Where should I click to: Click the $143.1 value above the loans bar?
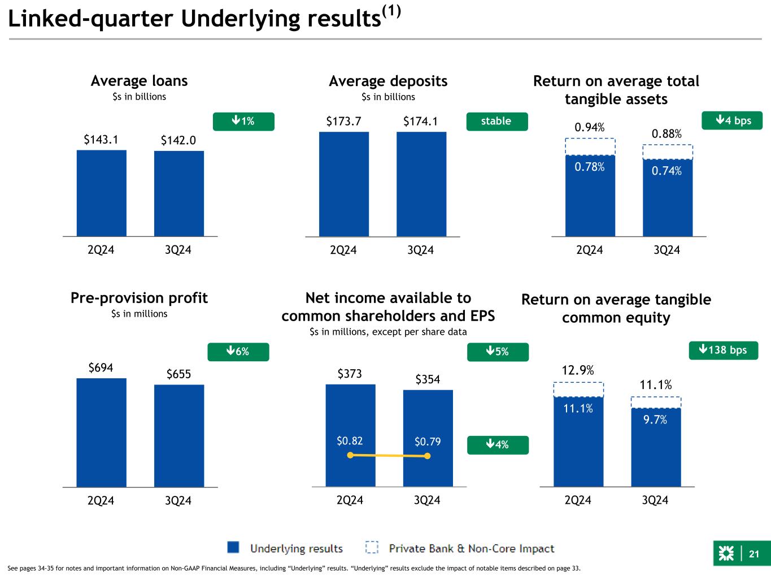click(101, 139)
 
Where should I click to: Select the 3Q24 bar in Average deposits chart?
click(421, 184)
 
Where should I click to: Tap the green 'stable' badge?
click(496, 121)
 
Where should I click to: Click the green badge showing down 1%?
click(243, 121)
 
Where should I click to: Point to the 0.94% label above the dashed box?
click(590, 128)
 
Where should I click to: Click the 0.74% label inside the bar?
click(667, 171)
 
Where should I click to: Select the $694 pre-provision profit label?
click(101, 368)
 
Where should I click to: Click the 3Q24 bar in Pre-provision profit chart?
click(179, 435)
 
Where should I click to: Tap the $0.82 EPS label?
click(350, 441)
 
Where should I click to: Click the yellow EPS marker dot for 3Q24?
click(428, 456)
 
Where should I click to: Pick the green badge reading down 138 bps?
click(724, 351)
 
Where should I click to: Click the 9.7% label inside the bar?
click(655, 420)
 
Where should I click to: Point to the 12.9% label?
click(578, 370)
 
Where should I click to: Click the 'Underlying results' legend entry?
click(297, 548)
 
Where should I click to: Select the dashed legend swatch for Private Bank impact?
click(372, 548)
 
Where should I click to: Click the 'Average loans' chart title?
click(139, 81)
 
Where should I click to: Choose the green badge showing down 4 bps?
click(732, 120)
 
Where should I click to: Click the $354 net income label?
click(428, 379)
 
